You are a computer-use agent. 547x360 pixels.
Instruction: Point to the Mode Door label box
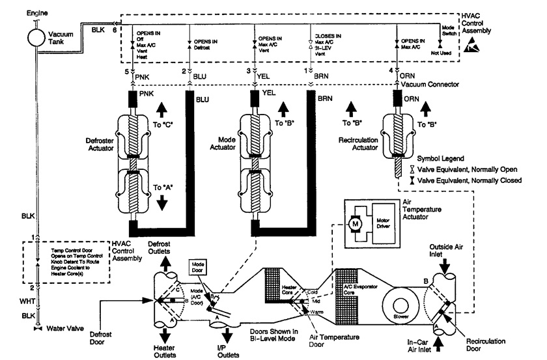point(197,269)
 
